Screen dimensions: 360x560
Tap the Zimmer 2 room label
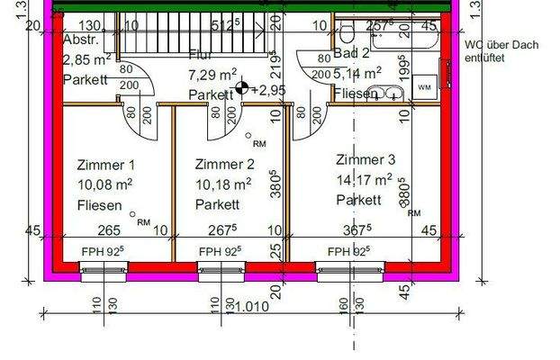click(224, 165)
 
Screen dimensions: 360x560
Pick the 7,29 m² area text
click(212, 75)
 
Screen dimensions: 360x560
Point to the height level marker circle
click(241, 89)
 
